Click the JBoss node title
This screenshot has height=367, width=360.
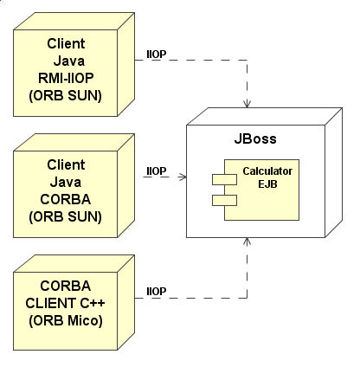pos(255,138)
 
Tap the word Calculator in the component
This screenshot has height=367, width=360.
pos(267,171)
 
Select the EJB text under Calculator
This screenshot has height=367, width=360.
pos(267,184)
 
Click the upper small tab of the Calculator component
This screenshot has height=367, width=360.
pos(224,179)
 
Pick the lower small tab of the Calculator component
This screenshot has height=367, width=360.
pos(224,200)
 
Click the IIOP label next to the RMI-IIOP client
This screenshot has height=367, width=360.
pos(157,55)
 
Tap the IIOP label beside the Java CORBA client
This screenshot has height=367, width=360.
pos(157,171)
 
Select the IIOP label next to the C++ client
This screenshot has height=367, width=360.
pos(157,292)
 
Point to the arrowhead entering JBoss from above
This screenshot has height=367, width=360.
pos(247,104)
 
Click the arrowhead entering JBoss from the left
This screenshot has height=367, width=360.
pos(183,177)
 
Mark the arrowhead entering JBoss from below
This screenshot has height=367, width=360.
pos(247,241)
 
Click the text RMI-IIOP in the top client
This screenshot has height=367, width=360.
pos(66,78)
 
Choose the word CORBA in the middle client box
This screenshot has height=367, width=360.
pos(66,199)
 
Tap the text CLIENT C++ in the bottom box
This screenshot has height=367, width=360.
pos(65,303)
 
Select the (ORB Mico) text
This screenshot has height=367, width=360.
pos(66,321)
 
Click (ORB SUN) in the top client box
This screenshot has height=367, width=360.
pos(65,96)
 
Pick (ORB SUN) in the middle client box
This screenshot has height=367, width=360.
pos(65,217)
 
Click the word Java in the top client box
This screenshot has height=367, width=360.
pos(69,61)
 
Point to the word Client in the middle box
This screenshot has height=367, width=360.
pos(66,164)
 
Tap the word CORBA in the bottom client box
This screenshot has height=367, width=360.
pos(66,286)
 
